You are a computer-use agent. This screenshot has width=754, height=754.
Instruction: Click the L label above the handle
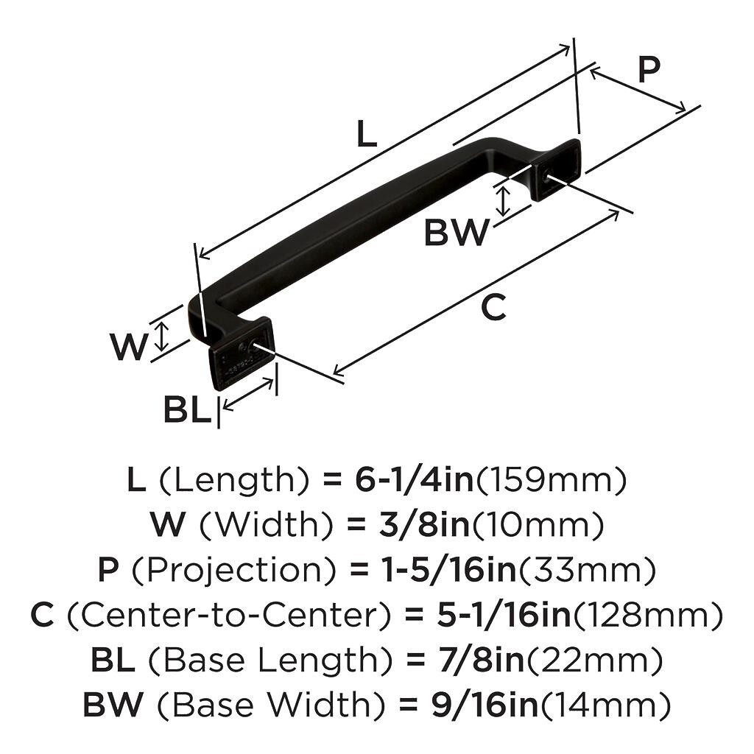point(366,134)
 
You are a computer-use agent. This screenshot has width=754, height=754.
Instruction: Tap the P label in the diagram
point(649,70)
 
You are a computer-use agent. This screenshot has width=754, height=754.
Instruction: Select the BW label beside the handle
point(456,233)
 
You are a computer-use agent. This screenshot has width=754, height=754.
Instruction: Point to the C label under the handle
point(493,307)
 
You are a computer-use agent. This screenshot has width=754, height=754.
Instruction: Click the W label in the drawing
point(129,347)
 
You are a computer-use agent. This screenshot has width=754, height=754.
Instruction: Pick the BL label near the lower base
point(186,410)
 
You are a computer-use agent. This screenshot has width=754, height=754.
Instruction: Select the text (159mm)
point(552,480)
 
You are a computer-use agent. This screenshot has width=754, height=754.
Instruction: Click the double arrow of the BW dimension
point(503,200)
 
